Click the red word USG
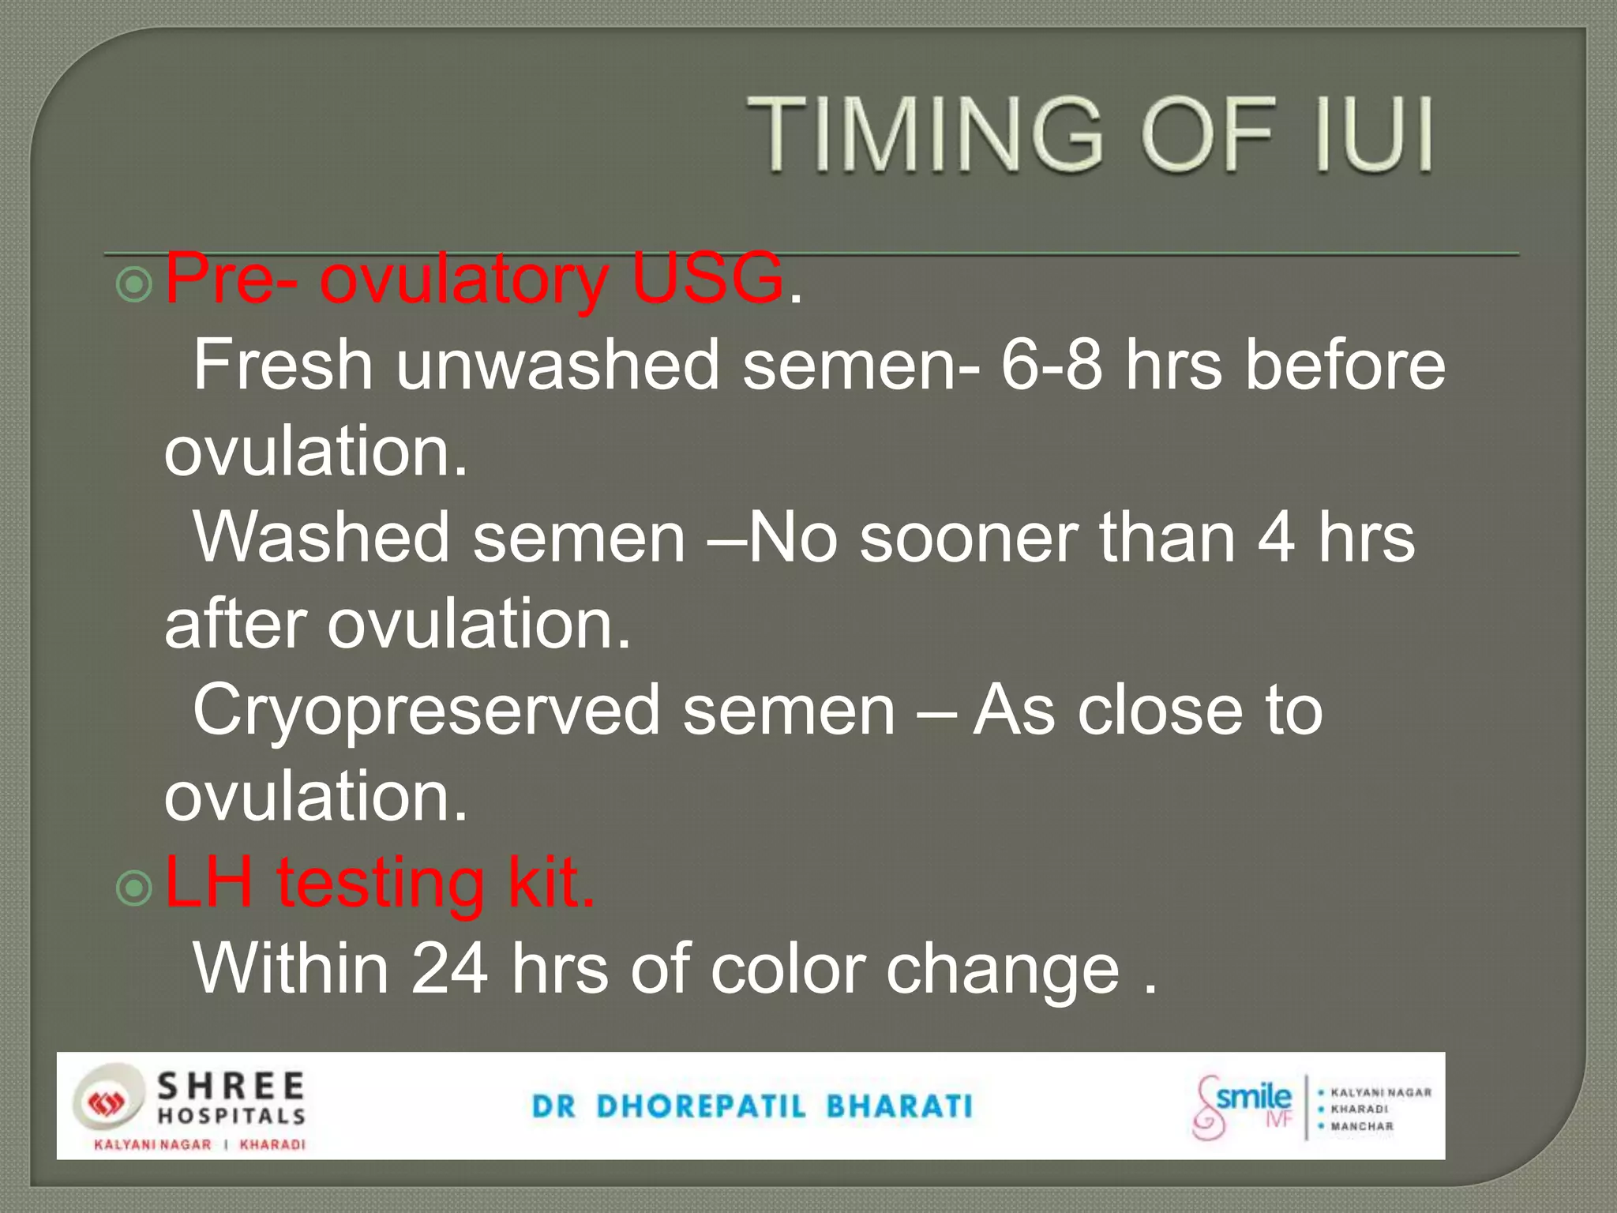[x=707, y=278]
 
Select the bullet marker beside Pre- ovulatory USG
[x=134, y=284]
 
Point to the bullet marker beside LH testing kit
[x=134, y=888]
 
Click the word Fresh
[x=283, y=365]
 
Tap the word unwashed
[x=557, y=365]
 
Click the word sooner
[x=968, y=537]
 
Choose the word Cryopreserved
[x=426, y=710]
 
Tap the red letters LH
[x=209, y=882]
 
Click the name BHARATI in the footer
[x=899, y=1106]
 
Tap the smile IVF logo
[x=1243, y=1106]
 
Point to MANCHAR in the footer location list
[x=1362, y=1126]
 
